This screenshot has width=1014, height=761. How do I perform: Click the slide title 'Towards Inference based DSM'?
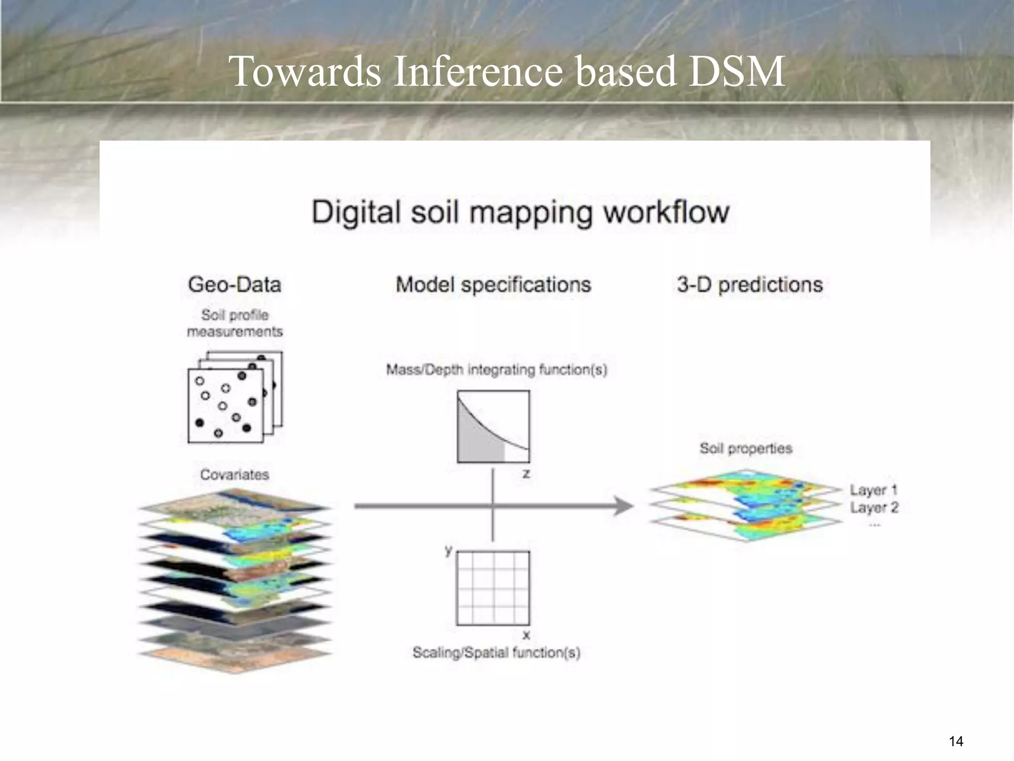pyautogui.click(x=507, y=71)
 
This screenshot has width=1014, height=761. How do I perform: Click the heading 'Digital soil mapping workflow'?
pyautogui.click(x=520, y=212)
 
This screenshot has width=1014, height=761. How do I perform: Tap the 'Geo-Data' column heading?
pyautogui.click(x=234, y=285)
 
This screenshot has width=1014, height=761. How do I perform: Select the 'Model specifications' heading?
pyautogui.click(x=493, y=285)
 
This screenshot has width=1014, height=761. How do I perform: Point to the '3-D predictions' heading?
pyautogui.click(x=750, y=285)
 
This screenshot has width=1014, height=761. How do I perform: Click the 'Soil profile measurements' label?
pyautogui.click(x=235, y=323)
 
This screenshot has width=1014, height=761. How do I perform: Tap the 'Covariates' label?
pyautogui.click(x=235, y=475)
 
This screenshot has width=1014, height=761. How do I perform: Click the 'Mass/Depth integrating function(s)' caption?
pyautogui.click(x=497, y=370)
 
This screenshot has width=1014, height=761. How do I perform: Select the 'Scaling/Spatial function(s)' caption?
pyautogui.click(x=496, y=652)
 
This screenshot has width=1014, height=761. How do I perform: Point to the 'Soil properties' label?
pyautogui.click(x=746, y=448)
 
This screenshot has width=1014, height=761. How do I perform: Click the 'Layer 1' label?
pyautogui.click(x=873, y=490)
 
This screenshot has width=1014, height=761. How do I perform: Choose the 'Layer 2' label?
pyautogui.click(x=874, y=507)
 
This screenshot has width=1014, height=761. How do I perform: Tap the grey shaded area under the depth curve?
pyautogui.click(x=478, y=441)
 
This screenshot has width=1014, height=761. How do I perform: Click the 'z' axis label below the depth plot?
pyautogui.click(x=526, y=474)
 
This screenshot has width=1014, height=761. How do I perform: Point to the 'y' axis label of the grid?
pyautogui.click(x=448, y=549)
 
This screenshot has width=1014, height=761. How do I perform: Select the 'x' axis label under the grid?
pyautogui.click(x=526, y=635)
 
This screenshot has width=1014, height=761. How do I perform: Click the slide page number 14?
pyautogui.click(x=956, y=741)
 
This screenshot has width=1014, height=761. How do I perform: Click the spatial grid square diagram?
pyautogui.click(x=493, y=588)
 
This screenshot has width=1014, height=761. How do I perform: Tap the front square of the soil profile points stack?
pyautogui.click(x=225, y=406)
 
